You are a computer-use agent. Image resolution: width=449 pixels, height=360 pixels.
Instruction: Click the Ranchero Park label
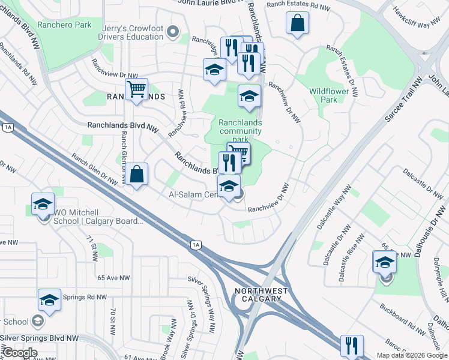pyautogui.click(x=64, y=25)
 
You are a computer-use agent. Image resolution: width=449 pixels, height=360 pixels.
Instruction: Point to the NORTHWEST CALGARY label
pyautogui.click(x=258, y=295)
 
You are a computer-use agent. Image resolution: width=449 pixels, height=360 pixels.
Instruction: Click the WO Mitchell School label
pyautogui.click(x=98, y=217)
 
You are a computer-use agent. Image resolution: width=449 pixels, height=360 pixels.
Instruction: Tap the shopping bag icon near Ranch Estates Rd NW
pyautogui.click(x=297, y=24)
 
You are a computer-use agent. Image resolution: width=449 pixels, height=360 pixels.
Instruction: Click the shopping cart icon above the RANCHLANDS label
pyautogui.click(x=137, y=89)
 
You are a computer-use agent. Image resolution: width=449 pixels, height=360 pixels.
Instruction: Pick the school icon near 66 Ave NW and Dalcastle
pyautogui.click(x=385, y=261)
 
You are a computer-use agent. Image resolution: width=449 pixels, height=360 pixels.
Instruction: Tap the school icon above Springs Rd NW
pyautogui.click(x=49, y=299)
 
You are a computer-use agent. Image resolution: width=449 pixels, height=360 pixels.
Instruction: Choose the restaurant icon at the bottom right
pyautogui.click(x=351, y=346)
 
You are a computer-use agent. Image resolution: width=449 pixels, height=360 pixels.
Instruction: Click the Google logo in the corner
pyautogui.click(x=20, y=353)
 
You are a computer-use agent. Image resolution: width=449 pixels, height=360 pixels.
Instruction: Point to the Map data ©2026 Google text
pyautogui.click(x=411, y=355)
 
